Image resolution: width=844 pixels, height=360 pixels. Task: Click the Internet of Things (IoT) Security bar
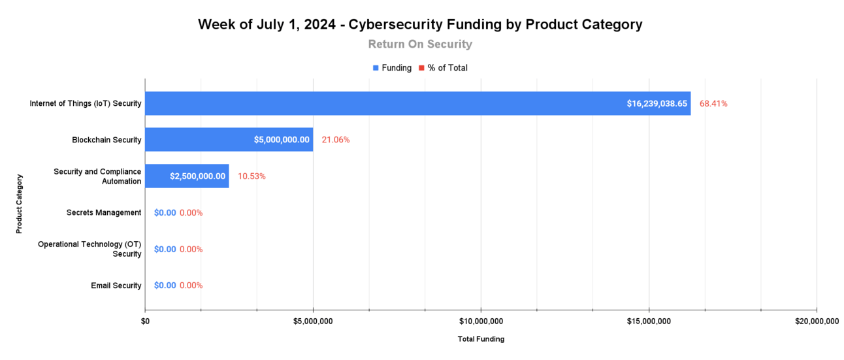417,103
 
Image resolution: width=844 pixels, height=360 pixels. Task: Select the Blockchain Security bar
229,139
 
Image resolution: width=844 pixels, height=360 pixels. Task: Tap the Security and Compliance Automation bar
187,176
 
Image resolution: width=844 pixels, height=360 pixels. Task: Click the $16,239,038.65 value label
657,103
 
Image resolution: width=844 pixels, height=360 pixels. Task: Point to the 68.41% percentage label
713,103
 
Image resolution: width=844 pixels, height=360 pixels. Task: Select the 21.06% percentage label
335,139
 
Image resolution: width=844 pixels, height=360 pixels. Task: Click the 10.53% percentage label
252,176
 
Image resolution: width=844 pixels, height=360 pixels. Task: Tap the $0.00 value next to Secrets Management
165,212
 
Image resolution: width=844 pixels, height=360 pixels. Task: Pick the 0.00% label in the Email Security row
191,285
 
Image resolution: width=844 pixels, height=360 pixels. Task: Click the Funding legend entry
392,68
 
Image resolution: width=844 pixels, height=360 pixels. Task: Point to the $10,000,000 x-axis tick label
481,321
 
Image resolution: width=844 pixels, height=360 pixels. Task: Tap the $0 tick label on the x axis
145,321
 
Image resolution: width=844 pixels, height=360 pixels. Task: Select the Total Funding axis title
481,339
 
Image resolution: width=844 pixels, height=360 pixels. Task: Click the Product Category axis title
20,203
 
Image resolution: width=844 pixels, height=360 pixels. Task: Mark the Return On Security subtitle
420,44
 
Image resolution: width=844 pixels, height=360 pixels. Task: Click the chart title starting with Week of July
420,25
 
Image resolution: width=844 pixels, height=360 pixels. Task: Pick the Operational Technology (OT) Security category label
89,249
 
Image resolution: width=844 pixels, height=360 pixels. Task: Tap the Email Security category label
116,286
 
